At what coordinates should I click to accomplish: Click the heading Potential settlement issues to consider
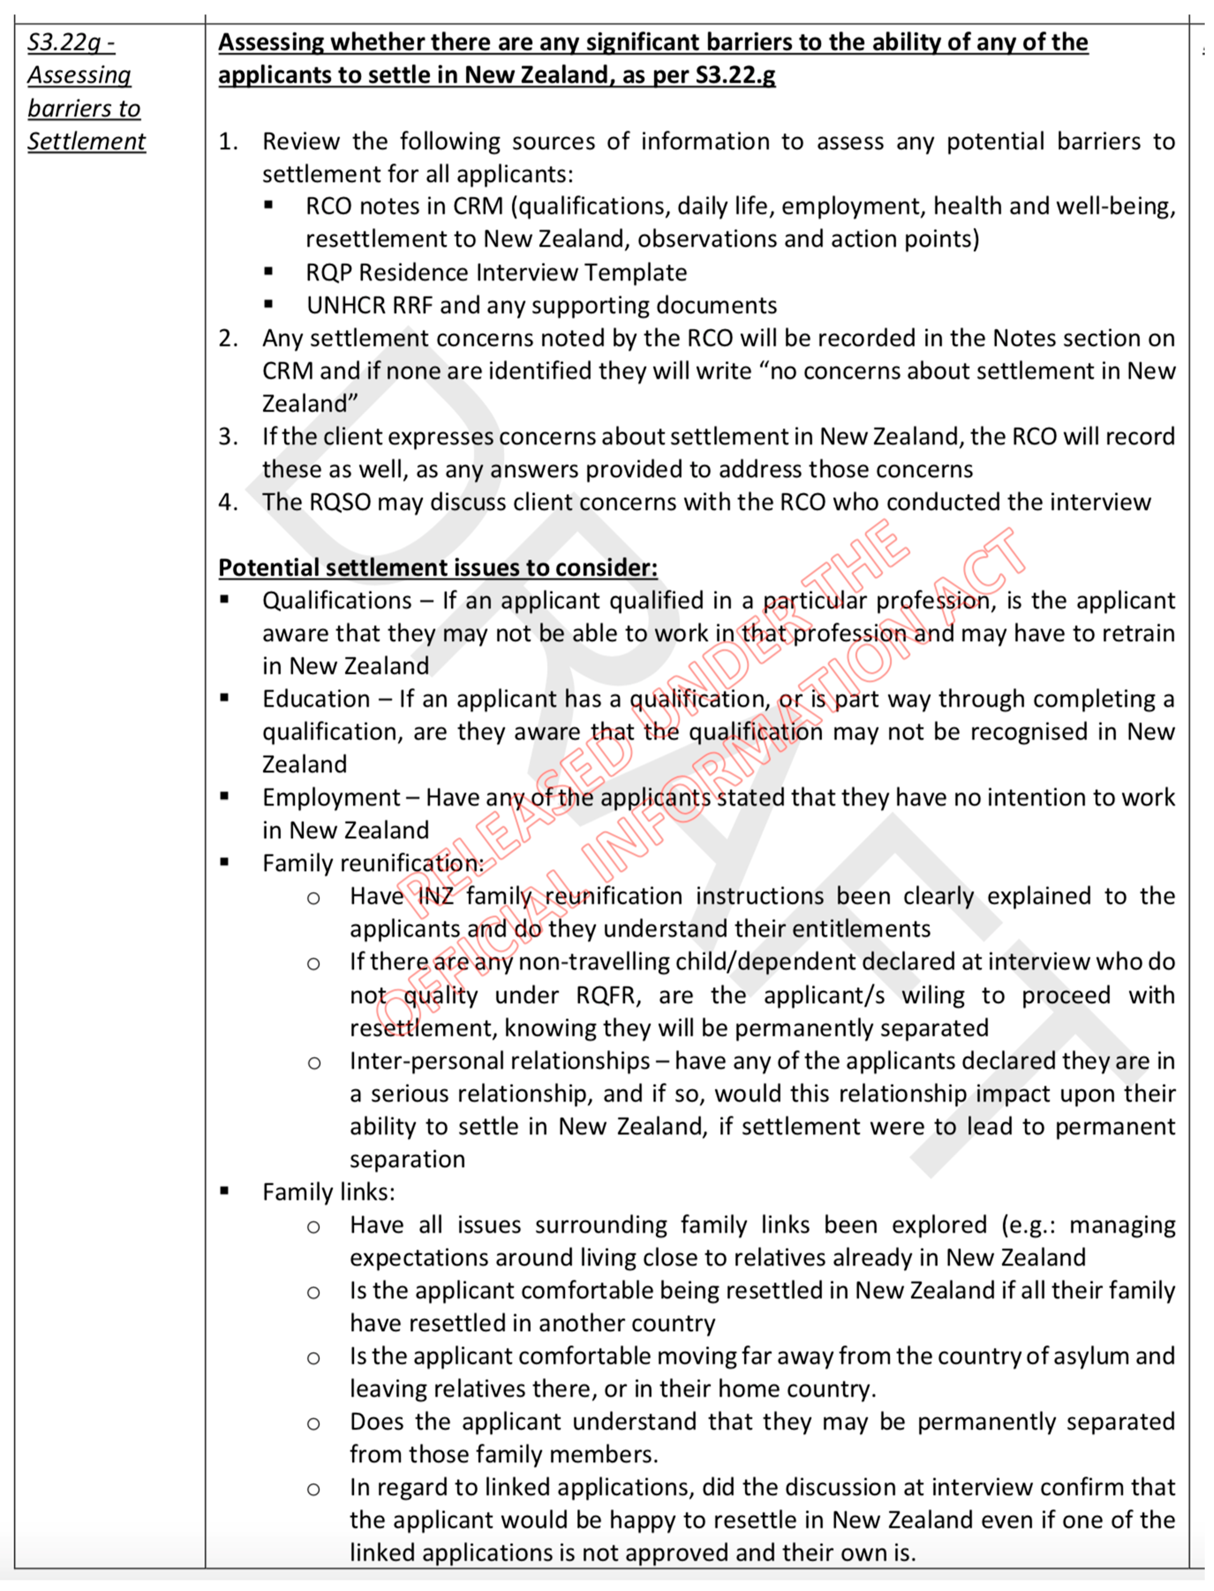pos(438,567)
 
